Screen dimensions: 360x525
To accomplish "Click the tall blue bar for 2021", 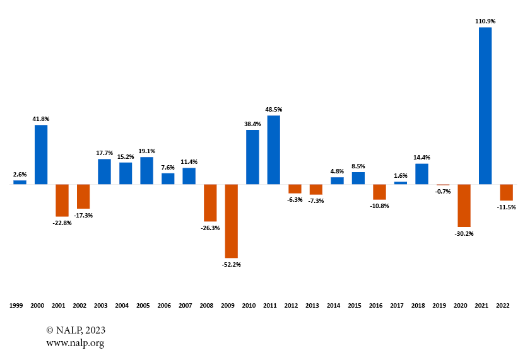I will (485, 106).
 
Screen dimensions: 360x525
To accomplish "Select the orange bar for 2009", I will (231, 221).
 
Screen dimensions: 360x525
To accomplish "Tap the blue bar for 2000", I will (41, 154).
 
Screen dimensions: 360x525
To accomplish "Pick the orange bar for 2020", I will (464, 206).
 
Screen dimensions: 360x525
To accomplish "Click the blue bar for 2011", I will (273, 150).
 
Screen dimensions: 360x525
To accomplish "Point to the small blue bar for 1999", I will (20, 182).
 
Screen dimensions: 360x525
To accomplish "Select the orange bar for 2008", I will (210, 202).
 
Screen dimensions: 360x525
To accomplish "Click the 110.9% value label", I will (485, 21).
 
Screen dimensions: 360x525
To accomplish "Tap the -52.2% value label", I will (231, 264).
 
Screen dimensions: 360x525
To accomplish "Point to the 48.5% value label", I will (273, 109).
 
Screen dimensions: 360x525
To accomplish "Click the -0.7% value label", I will (442, 191).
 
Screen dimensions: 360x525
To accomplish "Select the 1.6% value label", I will (400, 175).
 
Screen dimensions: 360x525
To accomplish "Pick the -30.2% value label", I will (464, 233).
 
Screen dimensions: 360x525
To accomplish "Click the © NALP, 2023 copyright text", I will (76, 330).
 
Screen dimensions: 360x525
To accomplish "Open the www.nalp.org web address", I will (75, 343).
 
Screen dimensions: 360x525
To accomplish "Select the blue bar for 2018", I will (422, 174).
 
